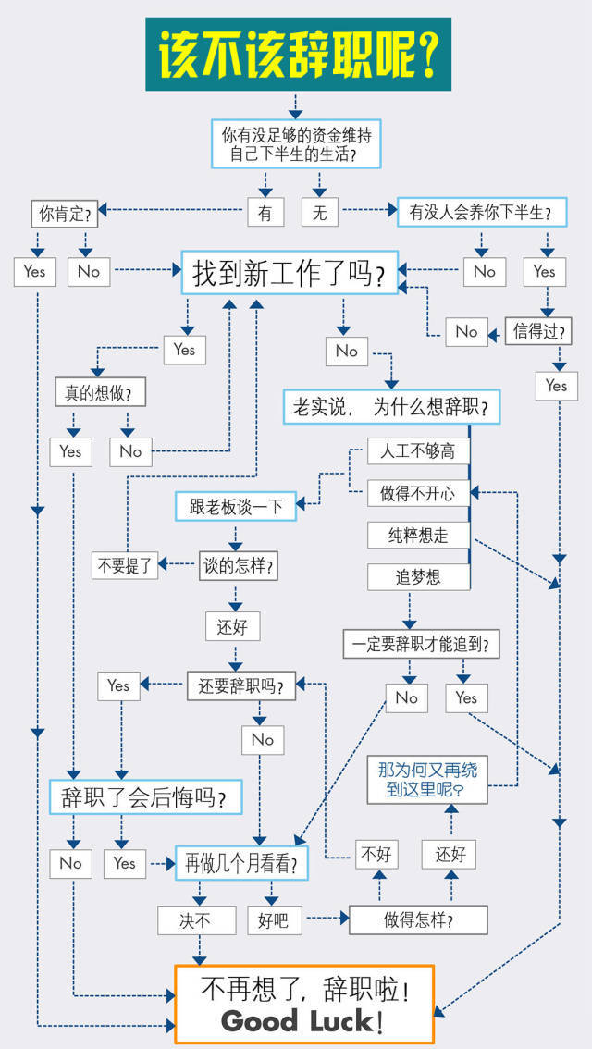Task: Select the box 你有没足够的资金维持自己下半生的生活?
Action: pos(296,145)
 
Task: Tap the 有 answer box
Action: pos(265,213)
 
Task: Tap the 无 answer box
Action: pos(319,213)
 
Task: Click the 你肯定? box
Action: pos(65,214)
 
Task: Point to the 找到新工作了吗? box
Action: pos(289,273)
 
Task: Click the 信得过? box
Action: pos(537,330)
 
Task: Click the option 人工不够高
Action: pos(417,450)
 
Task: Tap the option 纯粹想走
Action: pos(417,535)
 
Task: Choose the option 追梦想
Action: pos(417,577)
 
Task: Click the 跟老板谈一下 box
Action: pos(235,506)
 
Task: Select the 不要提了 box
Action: pos(125,565)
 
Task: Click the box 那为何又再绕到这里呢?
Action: pos(427,780)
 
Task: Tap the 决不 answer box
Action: pos(196,919)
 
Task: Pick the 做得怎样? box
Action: pos(417,919)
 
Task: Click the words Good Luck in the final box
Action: pos(298,1021)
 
